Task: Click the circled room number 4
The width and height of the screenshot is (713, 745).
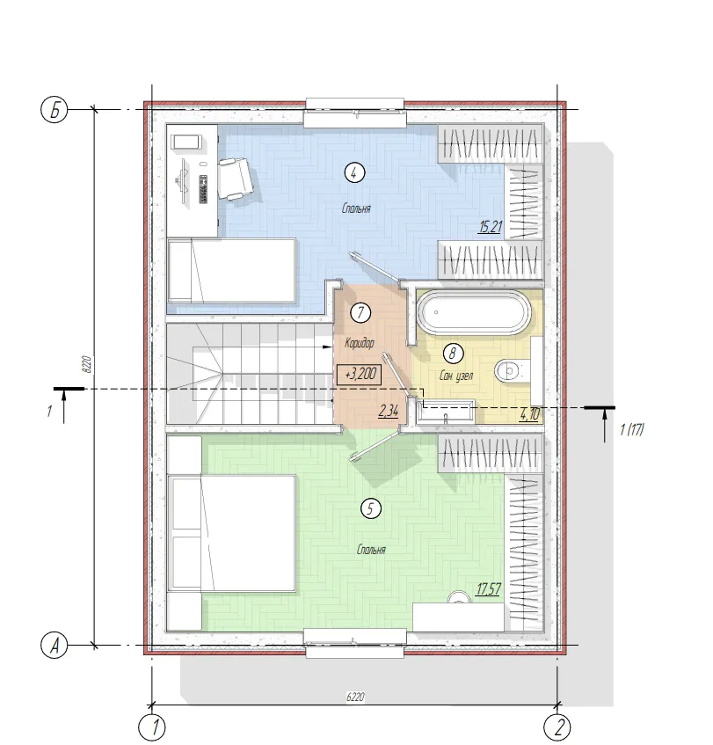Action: point(354,173)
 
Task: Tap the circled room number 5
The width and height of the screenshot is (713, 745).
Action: point(371,509)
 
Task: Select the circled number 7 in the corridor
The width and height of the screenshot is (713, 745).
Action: point(360,312)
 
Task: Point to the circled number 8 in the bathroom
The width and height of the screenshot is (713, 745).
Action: point(452,353)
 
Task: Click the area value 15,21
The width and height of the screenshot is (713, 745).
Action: point(491,227)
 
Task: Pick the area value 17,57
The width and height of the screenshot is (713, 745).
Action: point(488,589)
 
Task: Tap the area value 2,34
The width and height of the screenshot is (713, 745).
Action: point(389,411)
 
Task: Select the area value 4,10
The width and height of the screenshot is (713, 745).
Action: point(529,414)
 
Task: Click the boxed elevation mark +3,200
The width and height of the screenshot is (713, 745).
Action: point(359,374)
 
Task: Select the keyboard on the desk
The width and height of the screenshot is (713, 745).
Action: point(203,188)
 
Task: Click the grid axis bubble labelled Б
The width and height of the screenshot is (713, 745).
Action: point(55,110)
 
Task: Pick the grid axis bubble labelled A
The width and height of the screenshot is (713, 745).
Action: point(55,646)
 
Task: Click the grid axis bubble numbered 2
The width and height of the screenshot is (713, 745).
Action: point(557,727)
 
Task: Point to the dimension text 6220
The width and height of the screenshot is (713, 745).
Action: point(355,697)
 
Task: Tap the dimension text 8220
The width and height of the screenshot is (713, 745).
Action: point(86,363)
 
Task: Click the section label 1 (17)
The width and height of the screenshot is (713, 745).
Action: point(632,429)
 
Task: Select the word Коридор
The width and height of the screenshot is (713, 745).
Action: point(360,342)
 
